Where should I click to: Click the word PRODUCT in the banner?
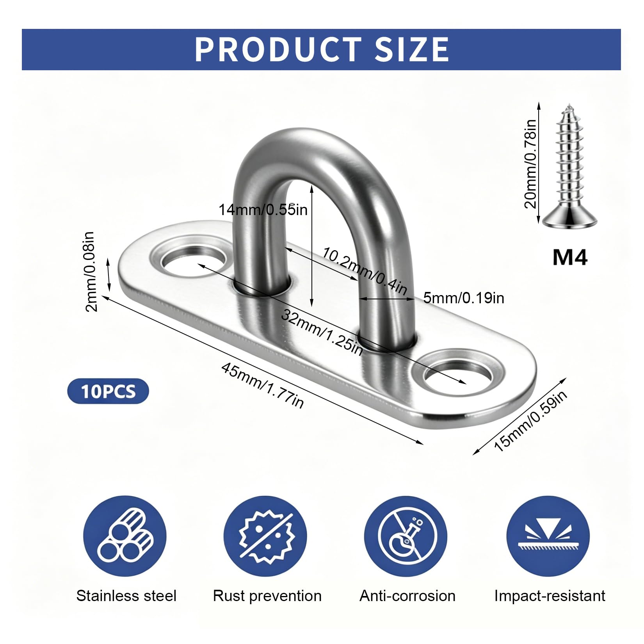tap(278, 50)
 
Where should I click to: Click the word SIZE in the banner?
tap(412, 50)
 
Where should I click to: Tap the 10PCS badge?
tap(108, 391)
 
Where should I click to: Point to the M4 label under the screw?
tap(570, 257)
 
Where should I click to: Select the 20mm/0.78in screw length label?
tap(530, 164)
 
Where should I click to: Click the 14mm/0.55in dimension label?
tap(263, 210)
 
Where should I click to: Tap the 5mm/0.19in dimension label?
tap(464, 298)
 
